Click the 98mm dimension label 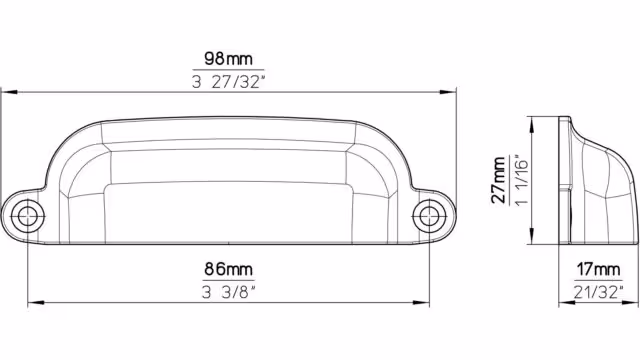tap(228, 59)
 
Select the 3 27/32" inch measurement tap(229, 82)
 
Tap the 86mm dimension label tap(228, 269)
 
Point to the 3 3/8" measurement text tap(229, 292)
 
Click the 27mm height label tap(499, 180)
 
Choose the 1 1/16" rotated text tap(522, 180)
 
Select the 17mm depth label tap(598, 269)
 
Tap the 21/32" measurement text tap(598, 292)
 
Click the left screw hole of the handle tap(27, 216)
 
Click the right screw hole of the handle tap(429, 216)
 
